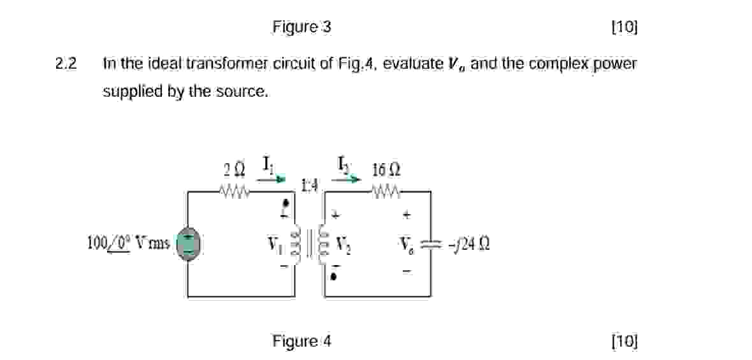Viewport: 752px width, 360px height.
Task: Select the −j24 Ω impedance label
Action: point(470,245)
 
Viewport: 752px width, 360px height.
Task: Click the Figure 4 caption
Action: point(301,341)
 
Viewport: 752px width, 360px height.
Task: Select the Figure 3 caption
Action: point(301,27)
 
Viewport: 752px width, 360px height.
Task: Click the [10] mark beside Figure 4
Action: point(624,341)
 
